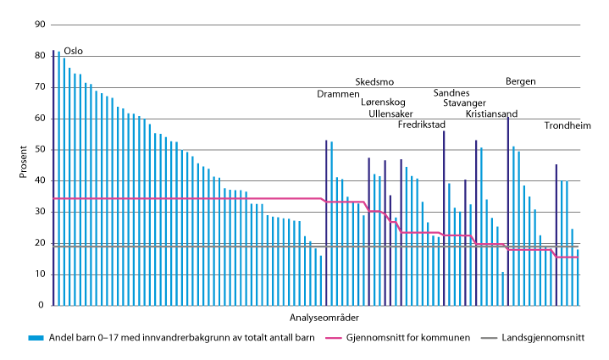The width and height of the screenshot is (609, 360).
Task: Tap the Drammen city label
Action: (338, 93)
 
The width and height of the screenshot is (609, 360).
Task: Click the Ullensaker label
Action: (391, 114)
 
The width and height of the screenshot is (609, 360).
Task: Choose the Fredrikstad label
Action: (422, 125)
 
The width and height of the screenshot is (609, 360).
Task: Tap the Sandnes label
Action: (451, 93)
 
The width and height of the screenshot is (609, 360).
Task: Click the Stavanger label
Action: (465, 103)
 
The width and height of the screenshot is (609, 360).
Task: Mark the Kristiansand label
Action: (492, 114)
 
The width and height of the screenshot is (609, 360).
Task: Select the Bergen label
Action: (520, 82)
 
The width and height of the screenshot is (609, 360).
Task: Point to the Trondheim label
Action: (567, 127)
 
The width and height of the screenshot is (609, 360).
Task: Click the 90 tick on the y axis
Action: (39, 25)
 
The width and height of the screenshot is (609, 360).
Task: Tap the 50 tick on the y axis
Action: (39, 150)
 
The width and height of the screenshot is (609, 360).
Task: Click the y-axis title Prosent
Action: (23, 165)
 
